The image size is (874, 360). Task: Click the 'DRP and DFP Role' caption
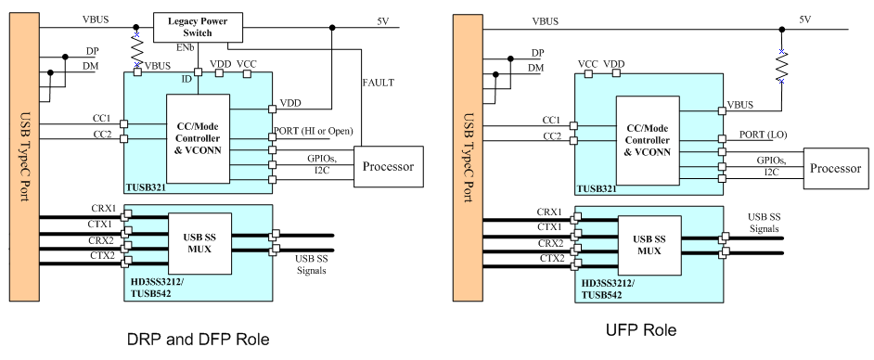click(198, 340)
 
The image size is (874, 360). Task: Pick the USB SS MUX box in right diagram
click(649, 242)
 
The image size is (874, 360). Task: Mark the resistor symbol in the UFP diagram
click(781, 65)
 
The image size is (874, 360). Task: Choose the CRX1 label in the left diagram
click(102, 208)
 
